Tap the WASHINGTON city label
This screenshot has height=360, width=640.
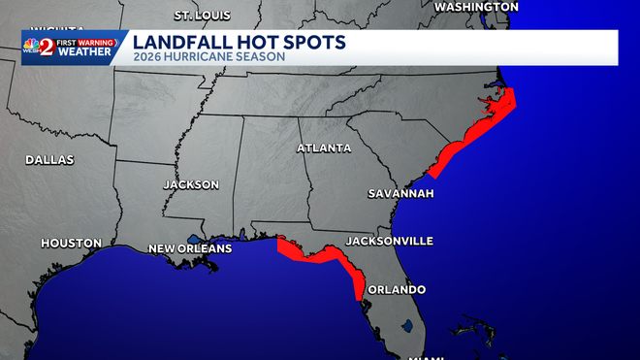click(475, 7)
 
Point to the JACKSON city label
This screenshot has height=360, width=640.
click(191, 184)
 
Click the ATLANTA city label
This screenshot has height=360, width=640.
click(324, 148)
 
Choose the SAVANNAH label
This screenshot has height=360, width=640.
click(400, 194)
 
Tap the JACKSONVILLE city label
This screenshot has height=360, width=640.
click(390, 241)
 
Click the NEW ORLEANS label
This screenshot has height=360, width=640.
click(190, 249)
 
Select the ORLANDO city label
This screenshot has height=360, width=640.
click(396, 289)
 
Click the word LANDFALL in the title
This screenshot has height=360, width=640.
click(176, 43)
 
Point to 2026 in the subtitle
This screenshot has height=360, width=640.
click(145, 57)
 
